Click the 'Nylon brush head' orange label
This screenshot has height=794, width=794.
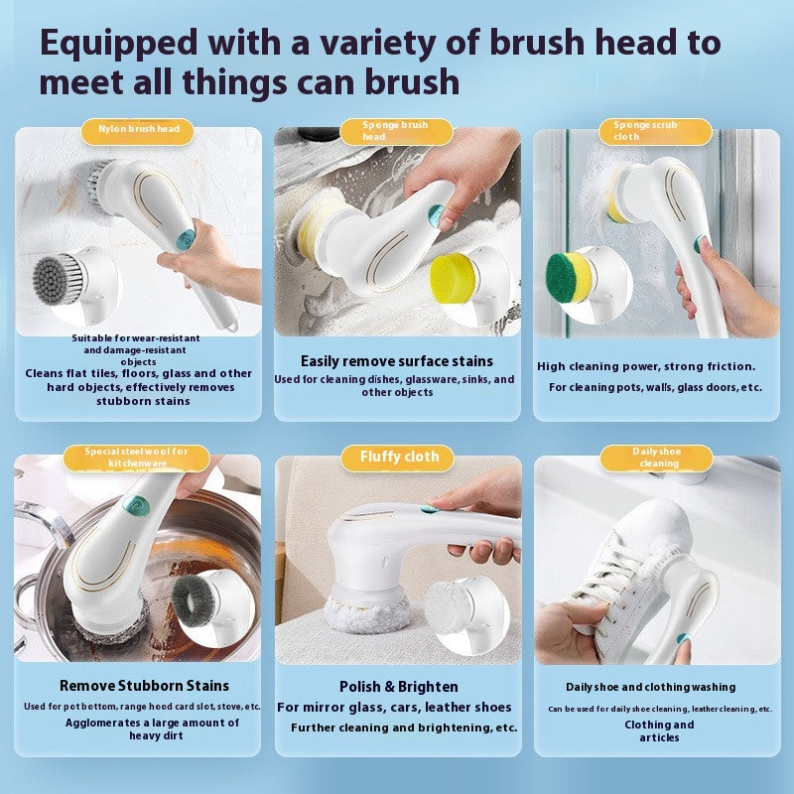[x=137, y=132]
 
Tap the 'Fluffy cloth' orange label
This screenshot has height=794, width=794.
[x=398, y=459]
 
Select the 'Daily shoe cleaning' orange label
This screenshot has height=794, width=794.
[x=657, y=459]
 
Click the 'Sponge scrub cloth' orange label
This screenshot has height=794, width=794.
[x=655, y=132]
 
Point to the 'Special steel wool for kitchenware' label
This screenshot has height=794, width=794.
[x=137, y=459]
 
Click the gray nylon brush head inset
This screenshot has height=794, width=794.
[x=57, y=280]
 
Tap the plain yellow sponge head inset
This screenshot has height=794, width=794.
[x=454, y=278]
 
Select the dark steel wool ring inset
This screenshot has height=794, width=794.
[x=194, y=600]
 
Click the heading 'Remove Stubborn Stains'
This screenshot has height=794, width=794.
[x=144, y=686]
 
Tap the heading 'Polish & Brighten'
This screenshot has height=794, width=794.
[x=399, y=687]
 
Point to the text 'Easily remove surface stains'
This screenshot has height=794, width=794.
[x=396, y=361]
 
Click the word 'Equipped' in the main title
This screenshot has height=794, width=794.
[x=119, y=45]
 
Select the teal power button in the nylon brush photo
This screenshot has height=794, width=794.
[x=185, y=240]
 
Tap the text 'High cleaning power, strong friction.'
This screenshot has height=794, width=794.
[x=646, y=366]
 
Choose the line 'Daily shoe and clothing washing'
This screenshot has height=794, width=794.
[x=651, y=687]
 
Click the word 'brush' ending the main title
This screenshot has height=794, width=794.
[x=412, y=82]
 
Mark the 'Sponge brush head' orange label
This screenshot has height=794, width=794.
[x=396, y=132]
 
